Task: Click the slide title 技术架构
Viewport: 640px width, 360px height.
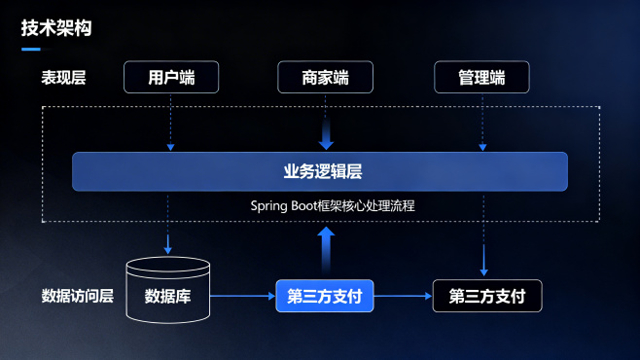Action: pos(56,28)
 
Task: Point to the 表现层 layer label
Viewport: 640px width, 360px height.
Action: pos(63,78)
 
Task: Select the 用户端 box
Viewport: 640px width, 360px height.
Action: pos(171,77)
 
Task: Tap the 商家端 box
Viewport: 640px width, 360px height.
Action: pos(326,77)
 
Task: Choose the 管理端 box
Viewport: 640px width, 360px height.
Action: pos(481,77)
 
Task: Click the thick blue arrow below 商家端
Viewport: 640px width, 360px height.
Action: pos(326,131)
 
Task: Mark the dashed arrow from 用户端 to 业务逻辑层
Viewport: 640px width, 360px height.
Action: pos(171,122)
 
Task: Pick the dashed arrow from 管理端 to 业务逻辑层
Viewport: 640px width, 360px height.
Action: pos(481,122)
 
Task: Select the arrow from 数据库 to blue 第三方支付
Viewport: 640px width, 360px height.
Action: pos(243,296)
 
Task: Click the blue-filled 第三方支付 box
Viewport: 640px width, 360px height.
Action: pos(325,296)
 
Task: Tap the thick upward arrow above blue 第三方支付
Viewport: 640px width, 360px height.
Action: pos(326,247)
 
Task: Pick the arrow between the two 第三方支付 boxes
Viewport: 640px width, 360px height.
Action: pos(403,296)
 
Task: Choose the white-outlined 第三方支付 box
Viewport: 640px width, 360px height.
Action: pos(486,296)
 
